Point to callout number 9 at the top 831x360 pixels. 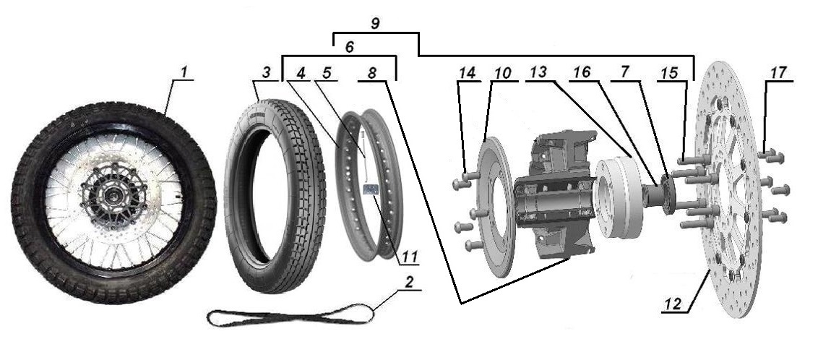[375, 23]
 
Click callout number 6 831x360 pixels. [349, 47]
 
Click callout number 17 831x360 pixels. [778, 72]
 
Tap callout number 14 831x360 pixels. [468, 72]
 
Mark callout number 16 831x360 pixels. [582, 72]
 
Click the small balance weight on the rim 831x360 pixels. [369, 190]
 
